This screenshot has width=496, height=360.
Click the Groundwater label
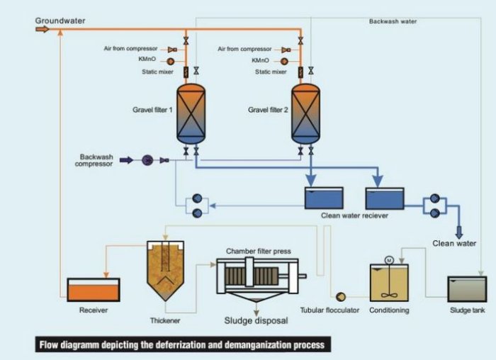60,21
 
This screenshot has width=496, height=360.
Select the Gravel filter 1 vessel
189,113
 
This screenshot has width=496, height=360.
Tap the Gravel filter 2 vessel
305,113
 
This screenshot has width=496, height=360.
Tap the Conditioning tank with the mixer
389,283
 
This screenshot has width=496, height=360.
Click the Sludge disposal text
256,320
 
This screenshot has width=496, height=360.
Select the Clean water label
454,244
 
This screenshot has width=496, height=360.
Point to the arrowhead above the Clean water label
458,232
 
